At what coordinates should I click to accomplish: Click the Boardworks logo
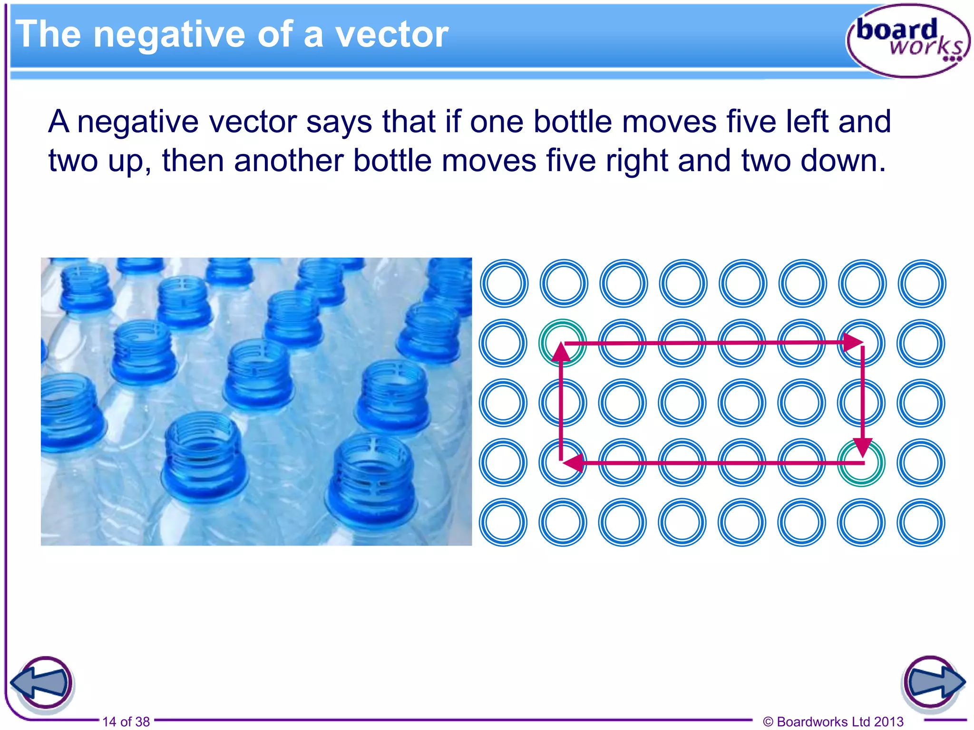pyautogui.click(x=907, y=41)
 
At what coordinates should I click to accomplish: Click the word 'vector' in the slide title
pyautogui.click(x=391, y=34)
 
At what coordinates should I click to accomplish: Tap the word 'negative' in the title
pyautogui.click(x=169, y=34)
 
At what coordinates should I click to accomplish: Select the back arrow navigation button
pyautogui.click(x=42, y=683)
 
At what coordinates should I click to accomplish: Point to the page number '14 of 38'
pyautogui.click(x=126, y=721)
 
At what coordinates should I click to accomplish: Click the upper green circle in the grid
pyautogui.click(x=563, y=343)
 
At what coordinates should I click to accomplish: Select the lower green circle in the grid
pyautogui.click(x=861, y=463)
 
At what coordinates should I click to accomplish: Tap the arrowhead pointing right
pyautogui.click(x=853, y=342)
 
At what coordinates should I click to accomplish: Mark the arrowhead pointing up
pyautogui.click(x=562, y=352)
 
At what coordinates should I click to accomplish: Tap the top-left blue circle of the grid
pyautogui.click(x=504, y=284)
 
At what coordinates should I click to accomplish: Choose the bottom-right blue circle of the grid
pyautogui.click(x=921, y=522)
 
